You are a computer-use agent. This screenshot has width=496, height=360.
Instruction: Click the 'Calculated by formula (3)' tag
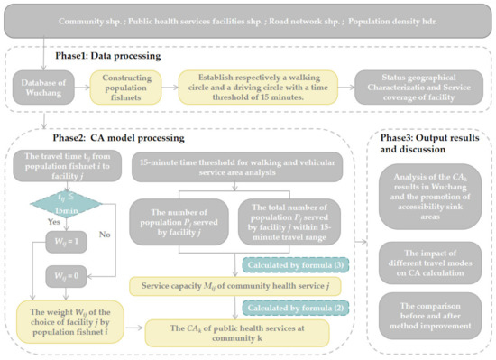pyautogui.click(x=286, y=265)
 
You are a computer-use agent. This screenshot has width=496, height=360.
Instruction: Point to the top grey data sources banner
pyautogui.click(x=247, y=20)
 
